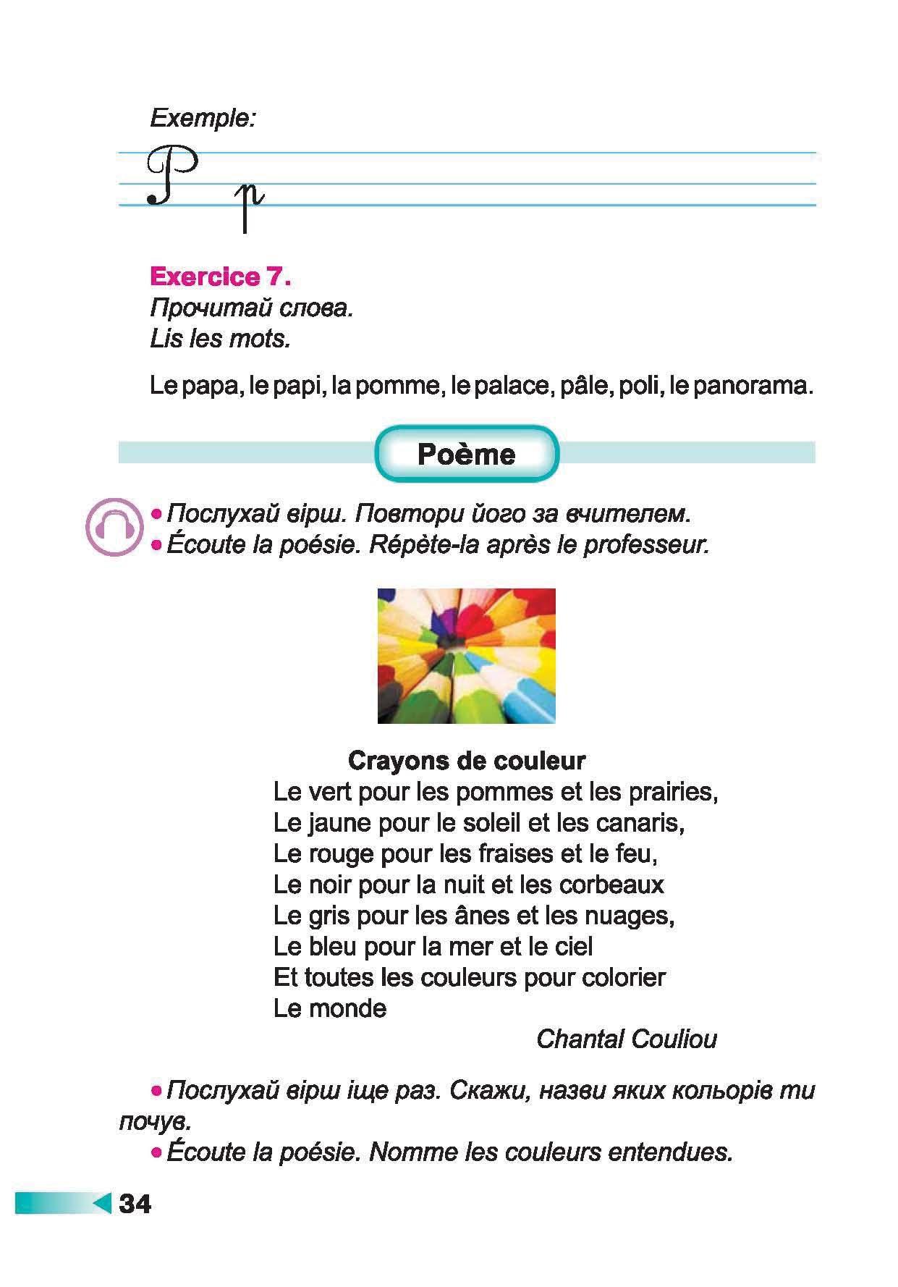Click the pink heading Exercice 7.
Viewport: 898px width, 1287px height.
220,277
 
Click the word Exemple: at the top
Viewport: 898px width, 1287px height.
203,118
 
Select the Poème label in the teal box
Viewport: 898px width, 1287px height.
467,455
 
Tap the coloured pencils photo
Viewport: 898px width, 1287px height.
466,656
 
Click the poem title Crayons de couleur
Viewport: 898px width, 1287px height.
467,761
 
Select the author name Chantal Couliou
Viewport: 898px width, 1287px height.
627,1039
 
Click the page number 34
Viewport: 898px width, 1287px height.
135,1204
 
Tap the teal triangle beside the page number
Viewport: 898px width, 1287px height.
102,1203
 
